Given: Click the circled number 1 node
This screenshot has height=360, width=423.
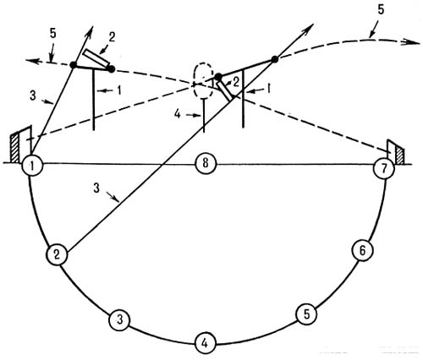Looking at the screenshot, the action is (x=32, y=166).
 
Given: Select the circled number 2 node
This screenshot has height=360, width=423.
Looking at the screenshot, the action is (x=57, y=255).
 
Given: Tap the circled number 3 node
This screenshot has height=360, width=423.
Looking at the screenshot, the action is (x=119, y=320).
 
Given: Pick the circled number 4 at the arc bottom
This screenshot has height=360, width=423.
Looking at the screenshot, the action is (x=206, y=343).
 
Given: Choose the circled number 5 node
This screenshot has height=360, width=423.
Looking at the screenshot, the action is (x=306, y=314).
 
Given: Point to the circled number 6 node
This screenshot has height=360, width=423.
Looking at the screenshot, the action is (x=362, y=250).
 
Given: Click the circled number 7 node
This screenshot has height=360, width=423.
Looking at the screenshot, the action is (x=383, y=168).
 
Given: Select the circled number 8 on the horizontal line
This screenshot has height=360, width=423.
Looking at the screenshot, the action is (x=206, y=163).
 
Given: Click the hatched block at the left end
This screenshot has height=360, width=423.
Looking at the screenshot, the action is (x=15, y=148).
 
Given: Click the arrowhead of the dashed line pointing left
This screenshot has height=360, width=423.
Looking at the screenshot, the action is (x=32, y=61).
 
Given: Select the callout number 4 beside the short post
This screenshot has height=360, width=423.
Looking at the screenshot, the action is (x=177, y=114).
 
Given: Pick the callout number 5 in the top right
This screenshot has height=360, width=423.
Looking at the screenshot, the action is (x=381, y=10).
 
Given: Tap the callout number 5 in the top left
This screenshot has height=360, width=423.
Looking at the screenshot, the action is (x=52, y=33).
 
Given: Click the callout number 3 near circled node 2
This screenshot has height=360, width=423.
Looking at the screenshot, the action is (x=96, y=188).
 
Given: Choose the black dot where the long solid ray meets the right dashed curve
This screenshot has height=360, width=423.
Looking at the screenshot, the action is (x=275, y=59).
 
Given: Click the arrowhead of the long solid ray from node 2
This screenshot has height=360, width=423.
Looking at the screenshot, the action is (x=309, y=29).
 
